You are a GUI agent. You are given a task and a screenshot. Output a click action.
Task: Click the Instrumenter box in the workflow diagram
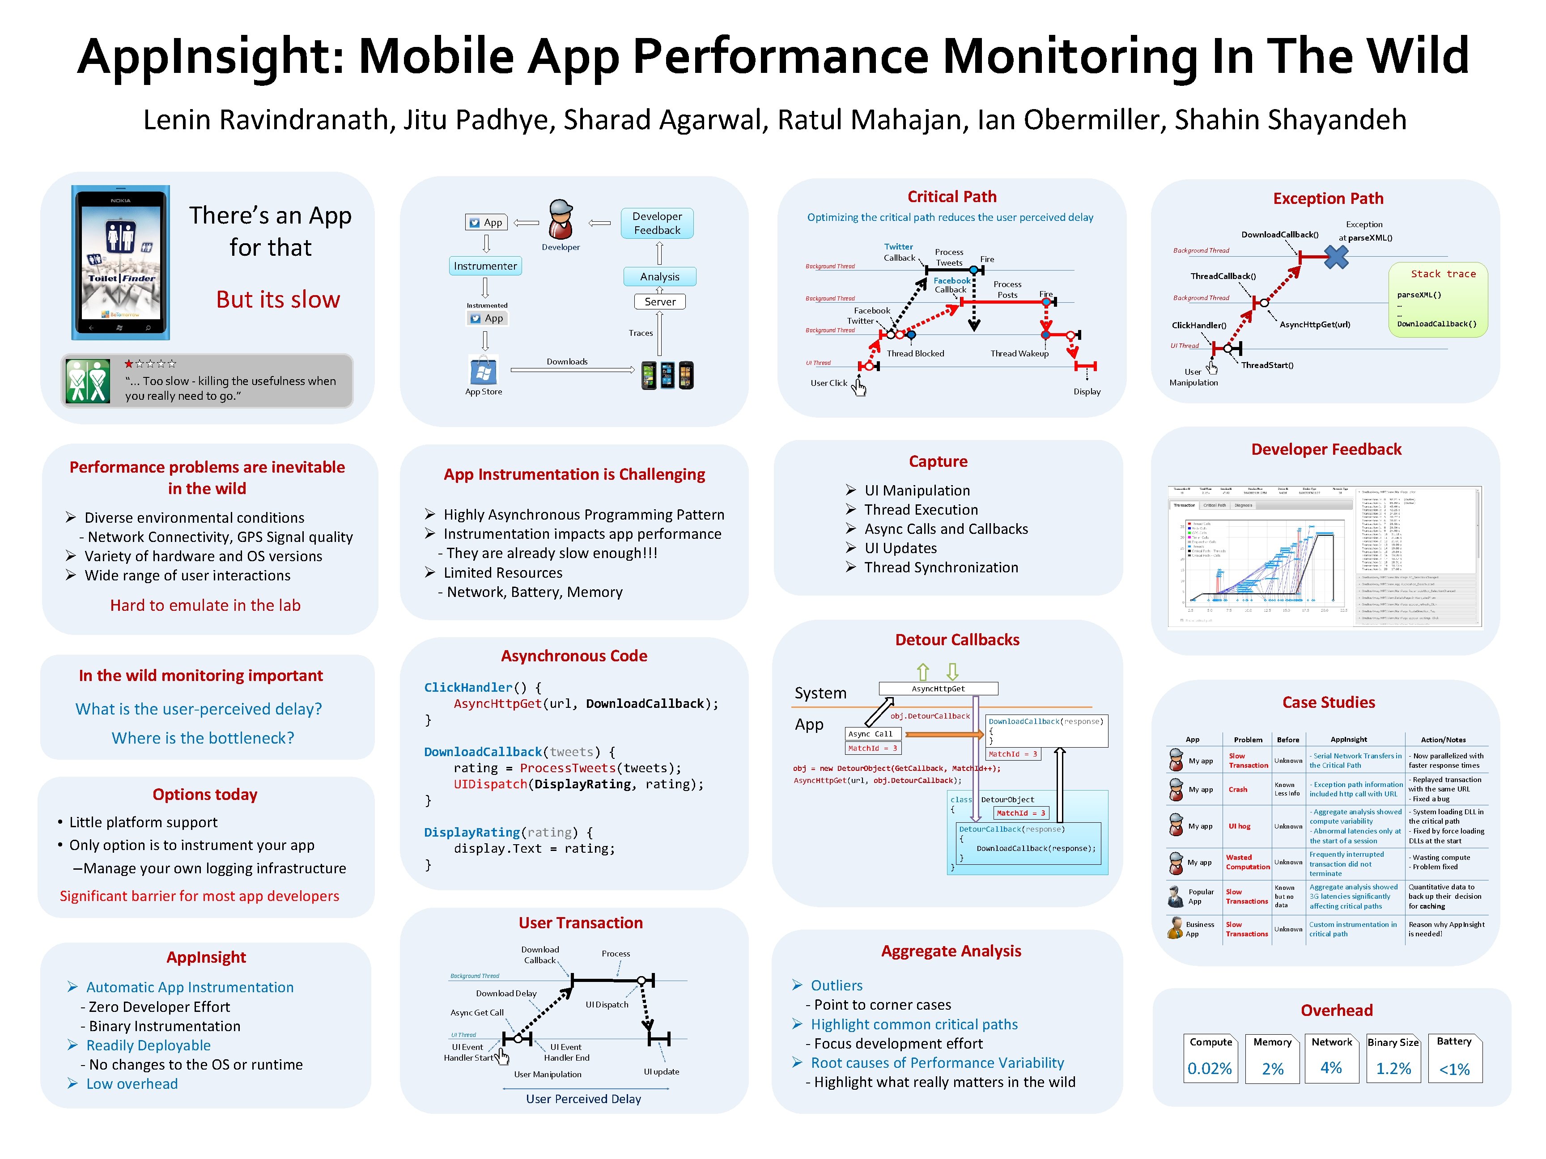tap(485, 266)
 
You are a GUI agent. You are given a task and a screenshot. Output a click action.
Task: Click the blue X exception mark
tap(1336, 257)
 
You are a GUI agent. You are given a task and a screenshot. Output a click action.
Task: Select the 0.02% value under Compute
tap(1209, 1069)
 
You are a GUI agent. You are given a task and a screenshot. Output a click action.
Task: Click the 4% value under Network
tap(1331, 1067)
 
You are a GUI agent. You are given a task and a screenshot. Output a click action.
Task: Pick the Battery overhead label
tap(1454, 1041)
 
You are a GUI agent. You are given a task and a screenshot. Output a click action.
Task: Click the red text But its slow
tap(277, 300)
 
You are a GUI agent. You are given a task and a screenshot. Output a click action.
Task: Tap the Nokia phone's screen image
tap(121, 262)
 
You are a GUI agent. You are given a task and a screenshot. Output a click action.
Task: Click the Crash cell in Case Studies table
tap(1238, 789)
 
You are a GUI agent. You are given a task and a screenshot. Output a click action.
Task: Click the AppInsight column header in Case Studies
tap(1348, 739)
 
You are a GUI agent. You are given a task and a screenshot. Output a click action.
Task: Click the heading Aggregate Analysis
tap(951, 951)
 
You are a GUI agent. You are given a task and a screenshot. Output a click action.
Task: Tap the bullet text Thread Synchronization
tap(941, 567)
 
